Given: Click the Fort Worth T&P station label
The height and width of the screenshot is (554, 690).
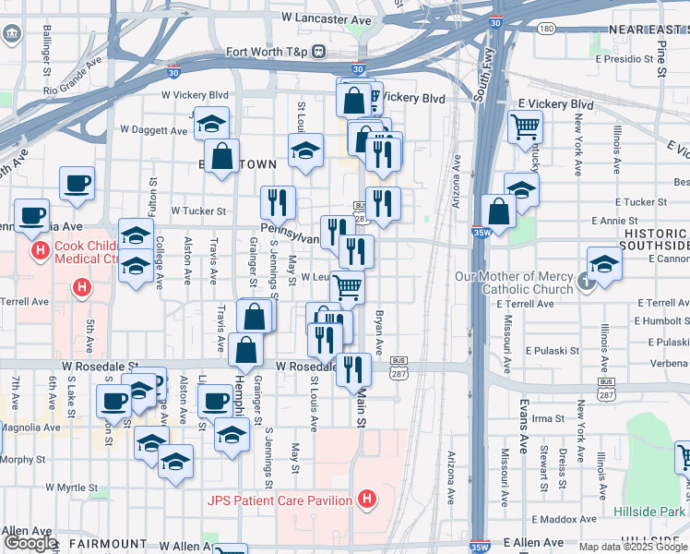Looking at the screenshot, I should coord(266,52).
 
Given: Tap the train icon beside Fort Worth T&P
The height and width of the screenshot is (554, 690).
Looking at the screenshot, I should coord(319,52).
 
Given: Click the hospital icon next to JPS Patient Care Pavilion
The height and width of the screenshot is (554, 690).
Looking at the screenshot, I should coord(368,501).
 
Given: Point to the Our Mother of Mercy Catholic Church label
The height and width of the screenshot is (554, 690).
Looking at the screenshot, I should coord(514,283).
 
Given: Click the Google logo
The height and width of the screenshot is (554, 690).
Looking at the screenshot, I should coord(30,543).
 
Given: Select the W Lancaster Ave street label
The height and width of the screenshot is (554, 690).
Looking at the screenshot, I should coord(327,18).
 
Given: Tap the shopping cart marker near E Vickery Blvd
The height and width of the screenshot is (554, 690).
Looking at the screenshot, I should coord(525,126).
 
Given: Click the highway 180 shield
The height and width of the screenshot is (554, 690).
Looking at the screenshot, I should coord(547,29).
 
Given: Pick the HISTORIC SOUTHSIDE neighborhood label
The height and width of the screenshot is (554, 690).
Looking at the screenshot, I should coord(655,240).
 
